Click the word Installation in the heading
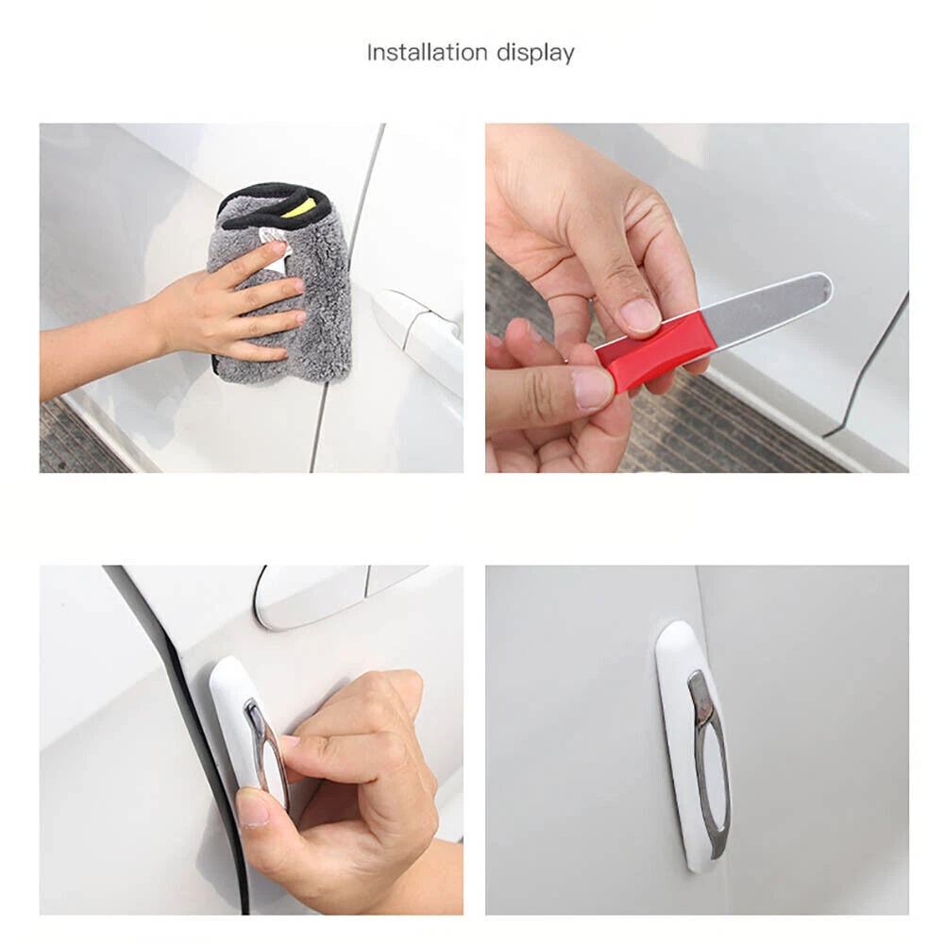[x=427, y=52]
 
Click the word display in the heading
[x=535, y=54]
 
